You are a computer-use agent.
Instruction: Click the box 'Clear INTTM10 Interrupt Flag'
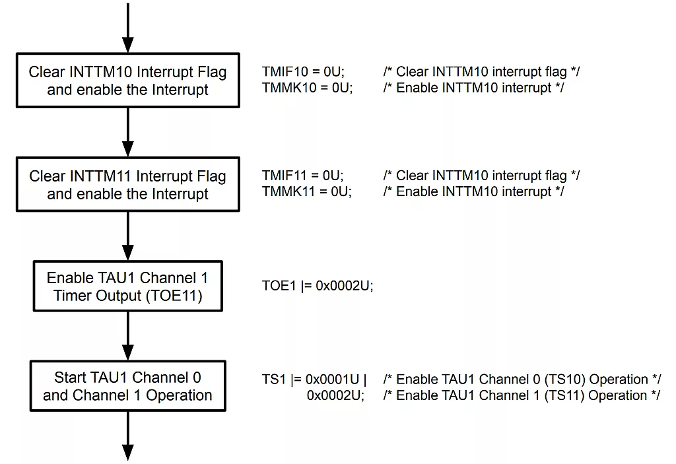pyautogui.click(x=127, y=81)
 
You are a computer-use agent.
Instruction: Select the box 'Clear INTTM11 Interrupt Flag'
pyautogui.click(x=127, y=185)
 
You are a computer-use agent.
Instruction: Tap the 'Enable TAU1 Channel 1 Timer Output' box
pyautogui.click(x=127, y=287)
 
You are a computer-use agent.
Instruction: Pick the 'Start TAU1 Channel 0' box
pyautogui.click(x=127, y=386)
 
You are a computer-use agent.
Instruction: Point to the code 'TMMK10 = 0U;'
pyautogui.click(x=307, y=87)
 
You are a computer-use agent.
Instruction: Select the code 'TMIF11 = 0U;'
pyautogui.click(x=303, y=176)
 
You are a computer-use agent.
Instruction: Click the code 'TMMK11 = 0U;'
pyautogui.click(x=307, y=191)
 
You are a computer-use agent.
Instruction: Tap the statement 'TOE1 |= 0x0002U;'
pyautogui.click(x=318, y=287)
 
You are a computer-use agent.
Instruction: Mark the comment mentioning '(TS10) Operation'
pyautogui.click(x=522, y=380)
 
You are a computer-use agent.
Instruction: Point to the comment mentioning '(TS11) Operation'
pyautogui.click(x=522, y=395)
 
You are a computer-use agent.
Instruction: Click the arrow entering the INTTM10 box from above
pyautogui.click(x=128, y=26)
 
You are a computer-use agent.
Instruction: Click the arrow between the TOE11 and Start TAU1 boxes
pyautogui.click(x=128, y=335)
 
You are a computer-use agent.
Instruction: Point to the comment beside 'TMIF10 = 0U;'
pyautogui.click(x=481, y=71)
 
